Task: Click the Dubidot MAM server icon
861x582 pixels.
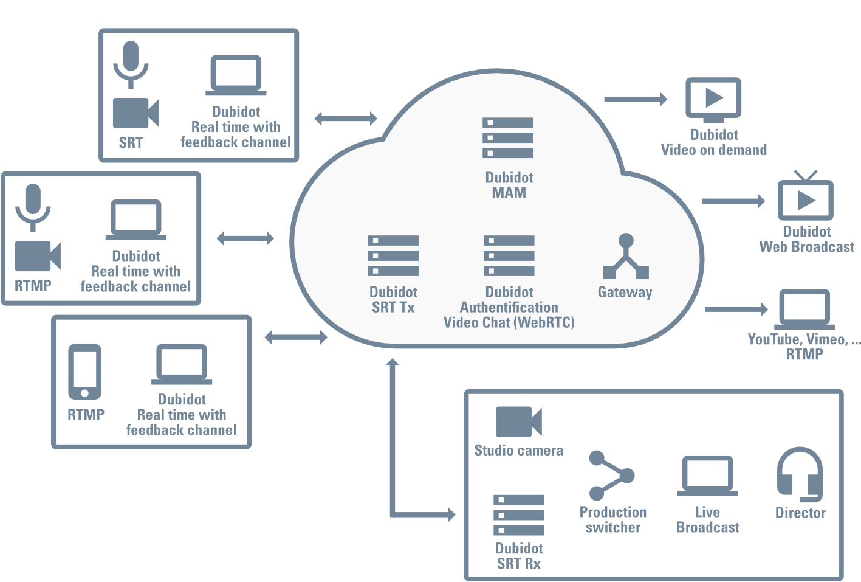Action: pos(508,138)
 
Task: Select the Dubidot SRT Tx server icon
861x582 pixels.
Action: pos(393,255)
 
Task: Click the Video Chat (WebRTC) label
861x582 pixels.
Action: pos(509,323)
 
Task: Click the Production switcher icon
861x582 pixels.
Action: pos(611,476)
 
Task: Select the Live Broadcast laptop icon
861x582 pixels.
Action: pos(707,476)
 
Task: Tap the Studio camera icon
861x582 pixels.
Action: pos(518,422)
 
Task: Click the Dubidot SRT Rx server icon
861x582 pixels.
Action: pos(518,515)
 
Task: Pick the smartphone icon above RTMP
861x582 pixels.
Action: pos(84,372)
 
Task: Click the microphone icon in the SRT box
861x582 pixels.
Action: pos(131,64)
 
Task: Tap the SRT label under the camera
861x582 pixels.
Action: pos(131,143)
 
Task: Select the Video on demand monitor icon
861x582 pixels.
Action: pos(713,99)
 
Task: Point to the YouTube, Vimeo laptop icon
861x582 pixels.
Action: pos(804,310)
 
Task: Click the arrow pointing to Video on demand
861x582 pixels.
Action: pos(636,99)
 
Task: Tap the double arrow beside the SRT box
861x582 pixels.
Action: pos(346,118)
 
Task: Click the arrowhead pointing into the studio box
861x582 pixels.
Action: pos(451,514)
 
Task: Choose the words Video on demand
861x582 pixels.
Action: pos(713,150)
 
